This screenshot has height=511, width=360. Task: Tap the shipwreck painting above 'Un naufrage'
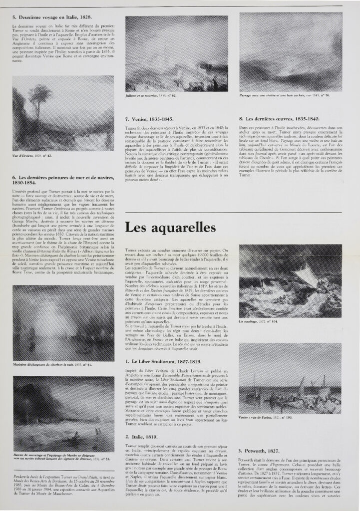290,280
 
